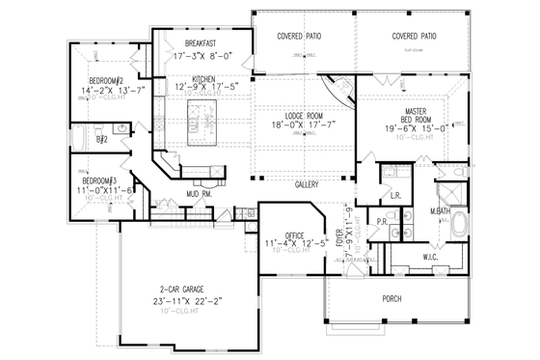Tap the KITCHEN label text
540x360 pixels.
(x=203, y=79)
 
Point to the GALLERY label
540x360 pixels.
(x=307, y=181)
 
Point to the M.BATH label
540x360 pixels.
(x=443, y=210)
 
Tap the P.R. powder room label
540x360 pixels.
(x=381, y=220)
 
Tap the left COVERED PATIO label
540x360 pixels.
(x=299, y=36)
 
